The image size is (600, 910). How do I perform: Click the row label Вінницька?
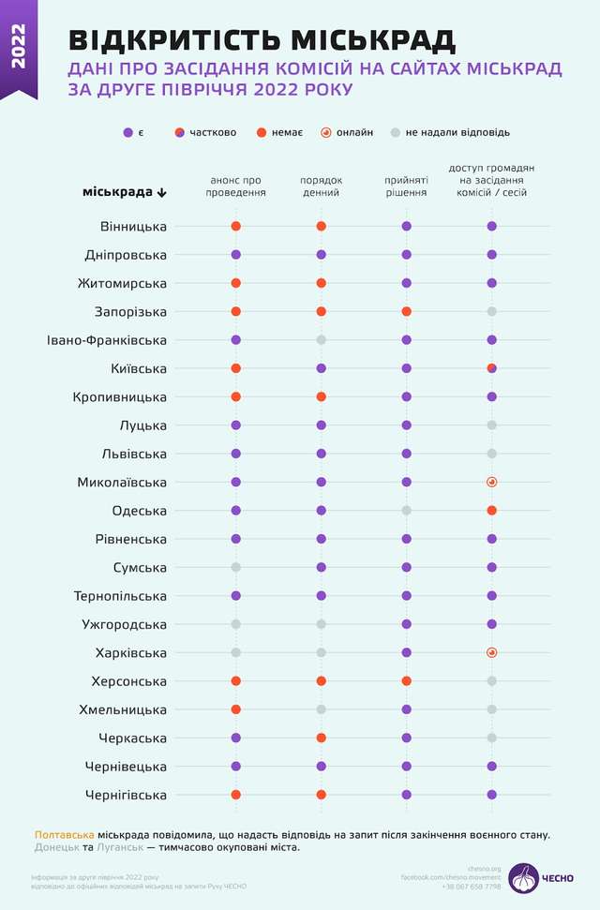[133, 226]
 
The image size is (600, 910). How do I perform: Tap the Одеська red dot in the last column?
[491, 511]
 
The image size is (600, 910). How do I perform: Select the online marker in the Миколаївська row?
[491, 482]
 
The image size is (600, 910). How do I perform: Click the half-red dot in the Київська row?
[491, 368]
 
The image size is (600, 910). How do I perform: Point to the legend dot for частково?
[179, 132]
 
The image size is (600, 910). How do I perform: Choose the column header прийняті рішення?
[406, 186]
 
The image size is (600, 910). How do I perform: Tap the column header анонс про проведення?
[236, 186]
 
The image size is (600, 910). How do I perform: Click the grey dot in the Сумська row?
[236, 567]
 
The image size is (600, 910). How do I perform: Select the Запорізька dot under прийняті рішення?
[406, 311]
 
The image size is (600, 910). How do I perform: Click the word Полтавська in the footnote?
[64, 833]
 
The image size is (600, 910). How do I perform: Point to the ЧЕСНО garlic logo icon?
[525, 877]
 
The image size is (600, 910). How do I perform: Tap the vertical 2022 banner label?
[18, 47]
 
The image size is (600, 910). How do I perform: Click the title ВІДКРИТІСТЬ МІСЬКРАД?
[262, 40]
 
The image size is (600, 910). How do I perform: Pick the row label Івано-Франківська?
[107, 340]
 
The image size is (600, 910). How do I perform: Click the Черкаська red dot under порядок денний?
[322, 738]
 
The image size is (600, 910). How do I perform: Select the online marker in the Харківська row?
[491, 652]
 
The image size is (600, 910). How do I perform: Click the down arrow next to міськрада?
[162, 192]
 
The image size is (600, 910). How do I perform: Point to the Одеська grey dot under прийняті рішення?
[406, 511]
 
